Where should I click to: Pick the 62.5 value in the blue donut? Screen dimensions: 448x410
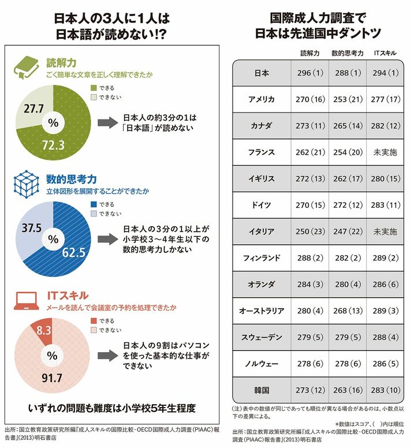click(x=73, y=252)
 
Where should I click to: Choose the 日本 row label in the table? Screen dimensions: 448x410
click(x=261, y=74)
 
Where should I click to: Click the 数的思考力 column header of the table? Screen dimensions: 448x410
click(x=347, y=53)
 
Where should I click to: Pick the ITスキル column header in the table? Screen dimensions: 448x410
click(x=385, y=53)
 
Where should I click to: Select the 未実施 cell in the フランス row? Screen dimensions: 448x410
click(x=385, y=153)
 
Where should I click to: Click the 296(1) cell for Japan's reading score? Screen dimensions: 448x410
click(x=310, y=74)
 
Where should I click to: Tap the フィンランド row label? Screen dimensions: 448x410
click(x=261, y=257)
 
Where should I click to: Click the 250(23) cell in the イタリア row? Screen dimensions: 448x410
click(x=310, y=232)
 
